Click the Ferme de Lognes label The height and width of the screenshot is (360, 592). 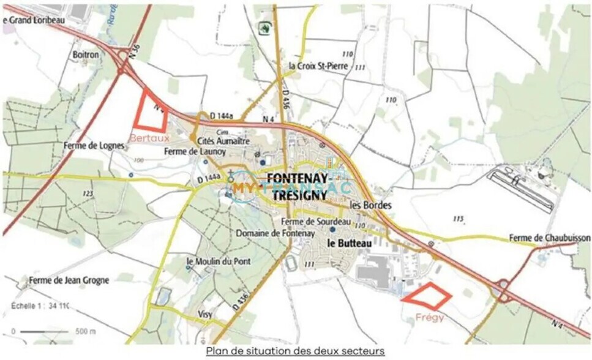tap(94, 146)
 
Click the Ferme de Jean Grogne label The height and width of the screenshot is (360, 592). tap(69, 280)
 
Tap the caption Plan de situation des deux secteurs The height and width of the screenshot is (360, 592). tap(295, 351)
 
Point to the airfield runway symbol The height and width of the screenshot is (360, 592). tap(522, 188)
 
